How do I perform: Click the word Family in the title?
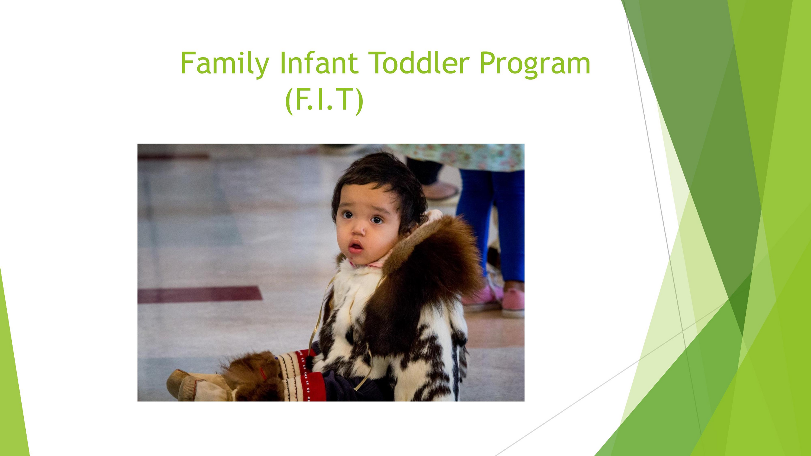point(225,63)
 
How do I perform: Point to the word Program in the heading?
point(535,65)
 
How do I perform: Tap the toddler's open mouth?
point(356,246)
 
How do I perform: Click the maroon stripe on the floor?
point(200,294)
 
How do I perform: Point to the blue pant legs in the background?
point(491,222)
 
